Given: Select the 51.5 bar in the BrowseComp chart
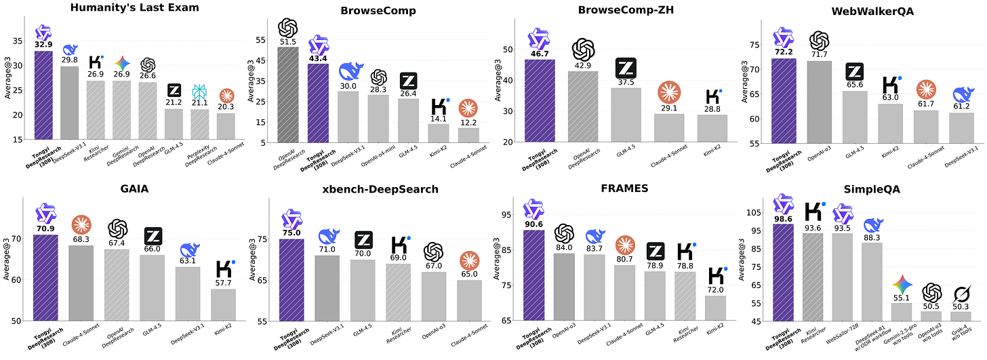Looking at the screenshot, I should tap(287, 95).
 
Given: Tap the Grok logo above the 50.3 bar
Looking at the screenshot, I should tap(960, 293).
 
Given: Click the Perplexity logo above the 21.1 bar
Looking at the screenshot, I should tap(199, 92).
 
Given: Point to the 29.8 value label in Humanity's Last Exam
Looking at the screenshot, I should tap(70, 60).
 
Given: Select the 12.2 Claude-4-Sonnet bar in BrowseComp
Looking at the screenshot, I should tap(468, 136).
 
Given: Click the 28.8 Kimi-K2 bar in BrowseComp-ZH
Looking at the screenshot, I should tap(712, 128).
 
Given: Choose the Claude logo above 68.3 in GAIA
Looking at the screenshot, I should tap(81, 224).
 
